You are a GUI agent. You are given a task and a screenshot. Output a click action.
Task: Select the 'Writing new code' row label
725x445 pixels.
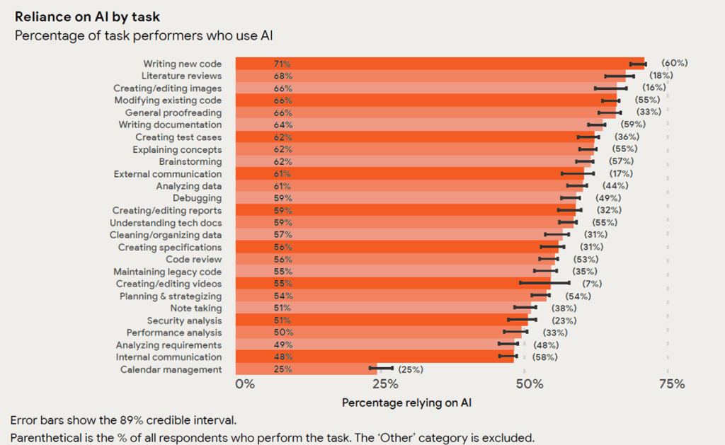click(x=182, y=64)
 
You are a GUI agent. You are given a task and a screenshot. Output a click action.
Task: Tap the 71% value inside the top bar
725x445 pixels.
click(x=282, y=64)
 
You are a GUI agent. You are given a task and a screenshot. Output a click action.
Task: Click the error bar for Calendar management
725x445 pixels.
click(x=381, y=369)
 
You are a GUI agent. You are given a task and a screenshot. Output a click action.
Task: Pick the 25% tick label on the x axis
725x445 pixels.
click(x=385, y=384)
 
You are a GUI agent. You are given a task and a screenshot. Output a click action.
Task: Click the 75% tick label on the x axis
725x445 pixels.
click(x=671, y=384)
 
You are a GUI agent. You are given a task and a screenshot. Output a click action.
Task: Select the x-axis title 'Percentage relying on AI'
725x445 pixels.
click(x=406, y=403)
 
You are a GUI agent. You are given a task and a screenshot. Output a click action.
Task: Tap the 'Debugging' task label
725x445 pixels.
click(x=197, y=198)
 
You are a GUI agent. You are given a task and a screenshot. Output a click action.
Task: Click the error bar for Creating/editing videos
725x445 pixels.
click(x=544, y=283)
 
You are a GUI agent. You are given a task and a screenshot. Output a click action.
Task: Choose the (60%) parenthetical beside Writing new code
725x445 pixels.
click(x=674, y=63)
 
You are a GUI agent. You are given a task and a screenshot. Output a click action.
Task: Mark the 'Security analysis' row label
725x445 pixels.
click(x=184, y=320)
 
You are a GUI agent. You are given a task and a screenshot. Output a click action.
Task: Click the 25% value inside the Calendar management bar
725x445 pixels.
click(x=282, y=369)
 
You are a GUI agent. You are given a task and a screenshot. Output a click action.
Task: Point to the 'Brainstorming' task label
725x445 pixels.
click(x=190, y=161)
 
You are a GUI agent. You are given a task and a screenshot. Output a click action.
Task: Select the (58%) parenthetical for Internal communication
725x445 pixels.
click(x=544, y=357)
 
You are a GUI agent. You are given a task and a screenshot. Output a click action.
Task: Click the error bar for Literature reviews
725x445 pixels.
click(x=620, y=75)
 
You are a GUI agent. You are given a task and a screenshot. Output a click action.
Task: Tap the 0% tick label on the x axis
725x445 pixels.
click(x=244, y=384)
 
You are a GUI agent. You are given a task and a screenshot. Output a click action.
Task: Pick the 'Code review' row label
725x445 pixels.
click(x=193, y=260)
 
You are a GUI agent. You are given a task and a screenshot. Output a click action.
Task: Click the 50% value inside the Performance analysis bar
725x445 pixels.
click(x=282, y=333)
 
